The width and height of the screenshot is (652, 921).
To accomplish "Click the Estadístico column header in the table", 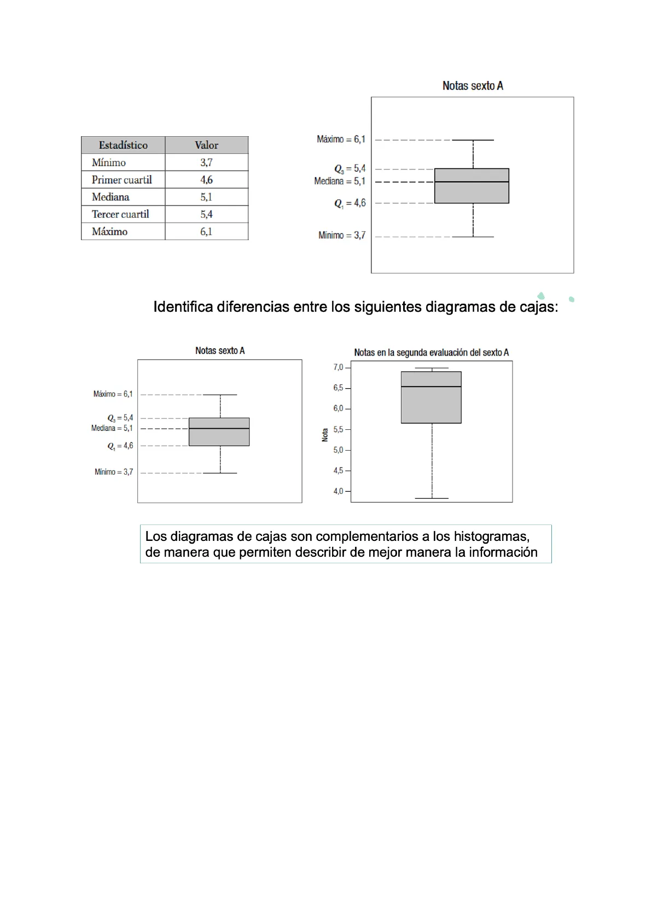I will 123,145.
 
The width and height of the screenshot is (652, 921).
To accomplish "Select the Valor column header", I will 206,145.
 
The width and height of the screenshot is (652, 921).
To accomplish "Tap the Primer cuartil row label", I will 121,180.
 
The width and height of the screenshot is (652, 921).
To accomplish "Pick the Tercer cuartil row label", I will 120,214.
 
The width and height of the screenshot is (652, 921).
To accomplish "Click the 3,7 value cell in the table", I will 206,162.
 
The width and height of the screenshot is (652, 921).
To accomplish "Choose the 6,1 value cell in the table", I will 206,232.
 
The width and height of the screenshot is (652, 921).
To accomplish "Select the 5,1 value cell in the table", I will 206,197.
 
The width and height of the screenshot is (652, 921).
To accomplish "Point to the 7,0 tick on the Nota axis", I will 339,368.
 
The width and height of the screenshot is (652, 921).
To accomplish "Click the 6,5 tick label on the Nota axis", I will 339,388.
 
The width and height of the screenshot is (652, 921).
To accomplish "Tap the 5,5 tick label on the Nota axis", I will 339,430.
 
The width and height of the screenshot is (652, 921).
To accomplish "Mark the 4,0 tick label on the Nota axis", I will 339,492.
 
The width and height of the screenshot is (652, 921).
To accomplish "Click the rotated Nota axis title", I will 325,435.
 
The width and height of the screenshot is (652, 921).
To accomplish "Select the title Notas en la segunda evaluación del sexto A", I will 431,353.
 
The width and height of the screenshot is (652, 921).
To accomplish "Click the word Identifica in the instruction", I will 183,307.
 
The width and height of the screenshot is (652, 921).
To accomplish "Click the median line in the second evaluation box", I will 431,387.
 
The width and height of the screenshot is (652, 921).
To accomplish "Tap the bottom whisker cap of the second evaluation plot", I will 432,498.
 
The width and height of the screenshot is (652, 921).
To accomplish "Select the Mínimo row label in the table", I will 109,162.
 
